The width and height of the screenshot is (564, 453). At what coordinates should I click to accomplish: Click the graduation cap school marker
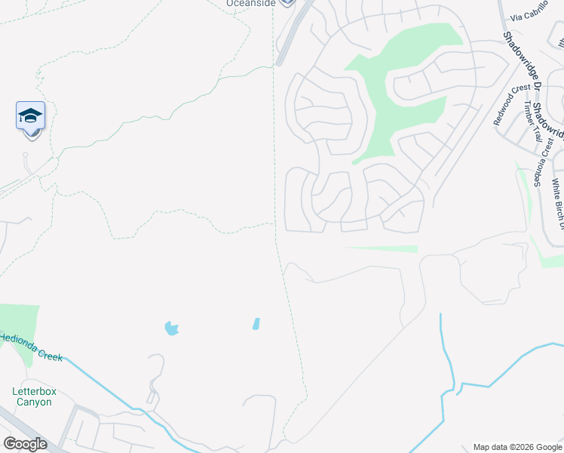click(x=30, y=116)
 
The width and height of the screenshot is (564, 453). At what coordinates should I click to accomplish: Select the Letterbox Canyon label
click(x=34, y=396)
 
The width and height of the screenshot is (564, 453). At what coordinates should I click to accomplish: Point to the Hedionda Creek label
click(x=30, y=347)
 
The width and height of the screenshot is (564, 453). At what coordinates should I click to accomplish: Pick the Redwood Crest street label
click(x=512, y=105)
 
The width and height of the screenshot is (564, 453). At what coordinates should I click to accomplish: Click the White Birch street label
click(x=557, y=202)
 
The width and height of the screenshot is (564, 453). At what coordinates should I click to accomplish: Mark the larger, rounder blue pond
click(x=171, y=328)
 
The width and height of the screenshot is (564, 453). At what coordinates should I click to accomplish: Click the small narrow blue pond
click(x=256, y=324)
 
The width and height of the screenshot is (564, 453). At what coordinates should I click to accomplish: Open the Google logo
click(x=25, y=444)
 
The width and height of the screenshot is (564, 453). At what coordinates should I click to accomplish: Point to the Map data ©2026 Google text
click(x=516, y=447)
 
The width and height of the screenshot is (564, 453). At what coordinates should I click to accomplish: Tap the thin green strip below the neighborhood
click(x=381, y=248)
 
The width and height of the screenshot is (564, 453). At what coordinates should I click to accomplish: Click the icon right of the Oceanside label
click(x=287, y=3)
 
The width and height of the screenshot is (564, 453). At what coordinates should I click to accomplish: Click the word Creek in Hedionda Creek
click(x=48, y=352)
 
